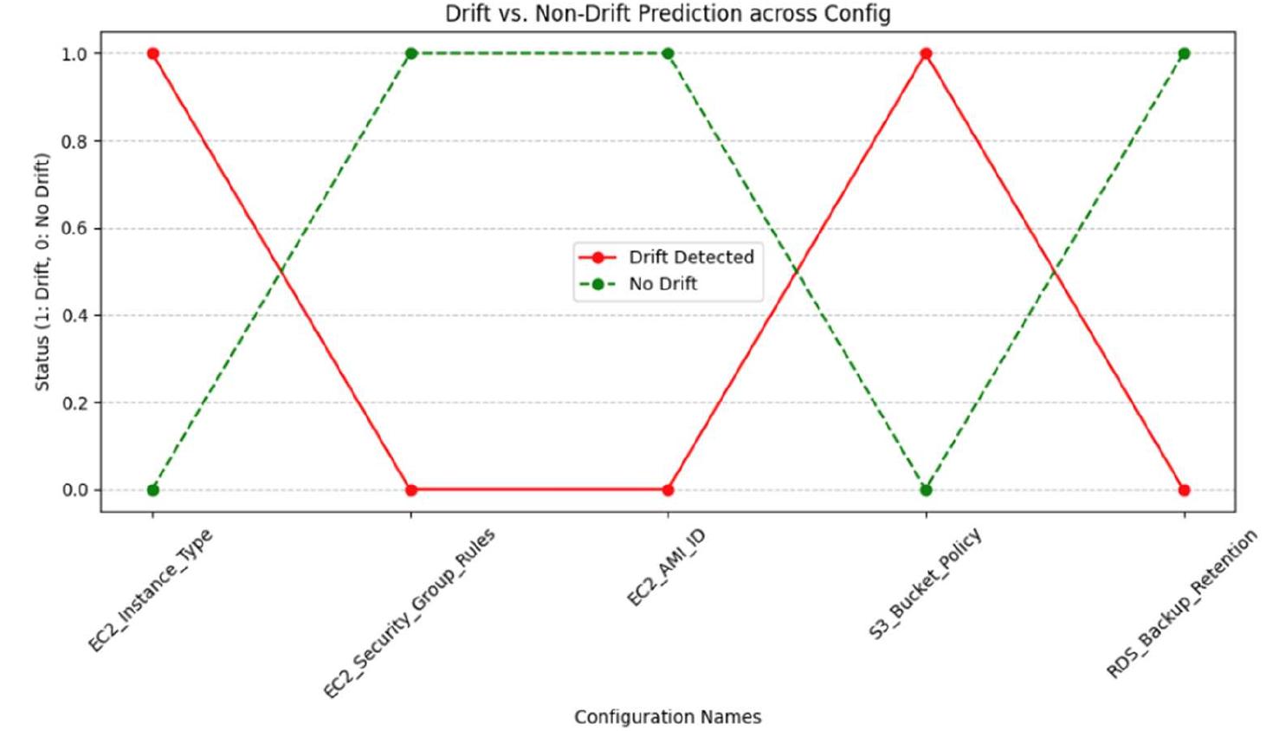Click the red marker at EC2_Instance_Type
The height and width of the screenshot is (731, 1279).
tap(153, 54)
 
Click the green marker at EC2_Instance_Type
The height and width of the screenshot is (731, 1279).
tap(153, 490)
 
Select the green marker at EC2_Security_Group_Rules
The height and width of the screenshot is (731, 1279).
tap(411, 54)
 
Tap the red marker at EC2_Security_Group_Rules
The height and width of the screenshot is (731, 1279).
tap(411, 490)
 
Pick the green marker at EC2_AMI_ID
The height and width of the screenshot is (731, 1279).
tap(668, 54)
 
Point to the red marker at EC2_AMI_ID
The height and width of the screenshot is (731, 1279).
tap(668, 490)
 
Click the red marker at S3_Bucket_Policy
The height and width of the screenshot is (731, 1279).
tap(926, 54)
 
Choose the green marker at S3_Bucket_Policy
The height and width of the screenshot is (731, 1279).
tap(926, 490)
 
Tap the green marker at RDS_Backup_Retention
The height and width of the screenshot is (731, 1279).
tap(1184, 54)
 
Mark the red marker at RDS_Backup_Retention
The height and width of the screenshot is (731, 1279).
tap(1184, 490)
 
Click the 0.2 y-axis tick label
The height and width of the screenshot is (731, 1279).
tap(74, 403)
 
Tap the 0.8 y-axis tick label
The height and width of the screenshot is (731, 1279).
tap(74, 141)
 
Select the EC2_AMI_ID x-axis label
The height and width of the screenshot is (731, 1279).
tap(666, 567)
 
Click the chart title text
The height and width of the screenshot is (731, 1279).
tap(668, 14)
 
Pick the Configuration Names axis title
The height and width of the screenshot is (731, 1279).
tap(668, 717)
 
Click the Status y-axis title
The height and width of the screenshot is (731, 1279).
tap(42, 272)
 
